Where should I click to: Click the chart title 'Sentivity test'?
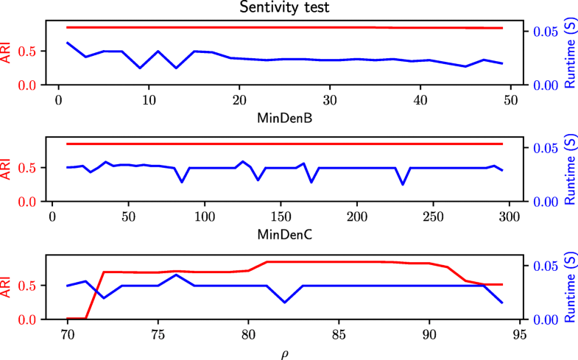[x=284, y=8]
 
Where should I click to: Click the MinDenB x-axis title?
[x=284, y=117]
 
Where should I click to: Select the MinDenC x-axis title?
[x=284, y=234]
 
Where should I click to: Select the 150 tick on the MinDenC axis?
[x=281, y=216]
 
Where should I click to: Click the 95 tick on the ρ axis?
[x=520, y=333]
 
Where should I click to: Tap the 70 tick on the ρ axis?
[x=67, y=333]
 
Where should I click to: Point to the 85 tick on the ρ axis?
[x=339, y=333]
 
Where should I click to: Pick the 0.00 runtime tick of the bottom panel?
[x=540, y=320]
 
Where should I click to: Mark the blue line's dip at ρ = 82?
[x=284, y=302]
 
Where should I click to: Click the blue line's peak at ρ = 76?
[x=176, y=275]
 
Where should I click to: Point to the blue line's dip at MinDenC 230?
[x=403, y=184]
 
